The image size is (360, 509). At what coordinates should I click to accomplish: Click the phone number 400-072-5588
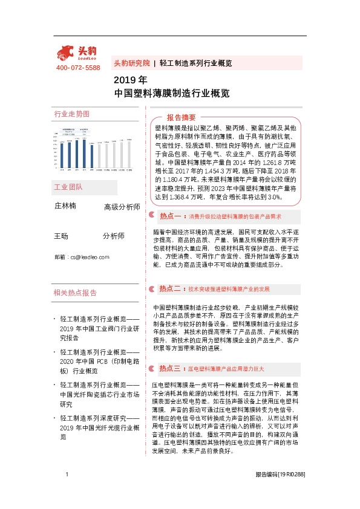[x=78, y=68]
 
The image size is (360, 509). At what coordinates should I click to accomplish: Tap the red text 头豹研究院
[x=131, y=63]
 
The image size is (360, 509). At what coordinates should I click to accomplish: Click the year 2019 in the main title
[x=122, y=80]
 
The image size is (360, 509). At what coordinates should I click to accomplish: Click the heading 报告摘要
[x=181, y=117]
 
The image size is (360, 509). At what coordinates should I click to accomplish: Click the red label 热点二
[x=171, y=289]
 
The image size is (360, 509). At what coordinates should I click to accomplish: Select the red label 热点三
[x=171, y=368]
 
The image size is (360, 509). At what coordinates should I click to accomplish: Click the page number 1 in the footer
[x=67, y=491]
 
